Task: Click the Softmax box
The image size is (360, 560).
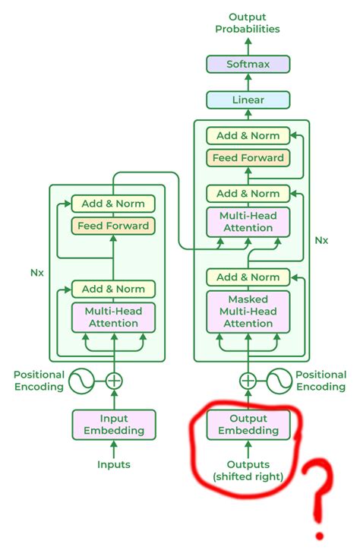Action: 248,65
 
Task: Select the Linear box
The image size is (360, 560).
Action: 248,100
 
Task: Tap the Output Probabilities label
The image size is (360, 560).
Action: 248,22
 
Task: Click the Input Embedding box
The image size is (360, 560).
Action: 113,424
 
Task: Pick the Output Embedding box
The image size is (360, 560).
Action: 248,424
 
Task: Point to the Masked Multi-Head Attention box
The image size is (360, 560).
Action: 248,311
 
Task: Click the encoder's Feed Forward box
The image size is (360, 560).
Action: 113,226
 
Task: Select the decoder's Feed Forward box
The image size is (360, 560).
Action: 248,158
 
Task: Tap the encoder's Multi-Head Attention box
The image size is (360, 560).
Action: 113,317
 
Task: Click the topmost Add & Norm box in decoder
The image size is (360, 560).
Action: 248,136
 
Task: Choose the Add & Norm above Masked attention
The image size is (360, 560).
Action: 248,277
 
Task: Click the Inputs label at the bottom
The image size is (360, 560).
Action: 113,464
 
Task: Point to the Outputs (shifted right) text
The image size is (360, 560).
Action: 248,470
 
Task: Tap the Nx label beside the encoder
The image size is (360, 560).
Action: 36,271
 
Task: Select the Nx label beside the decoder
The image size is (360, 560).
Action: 321,240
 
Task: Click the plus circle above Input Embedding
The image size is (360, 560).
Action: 113,381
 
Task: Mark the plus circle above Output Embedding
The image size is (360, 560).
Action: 248,381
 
